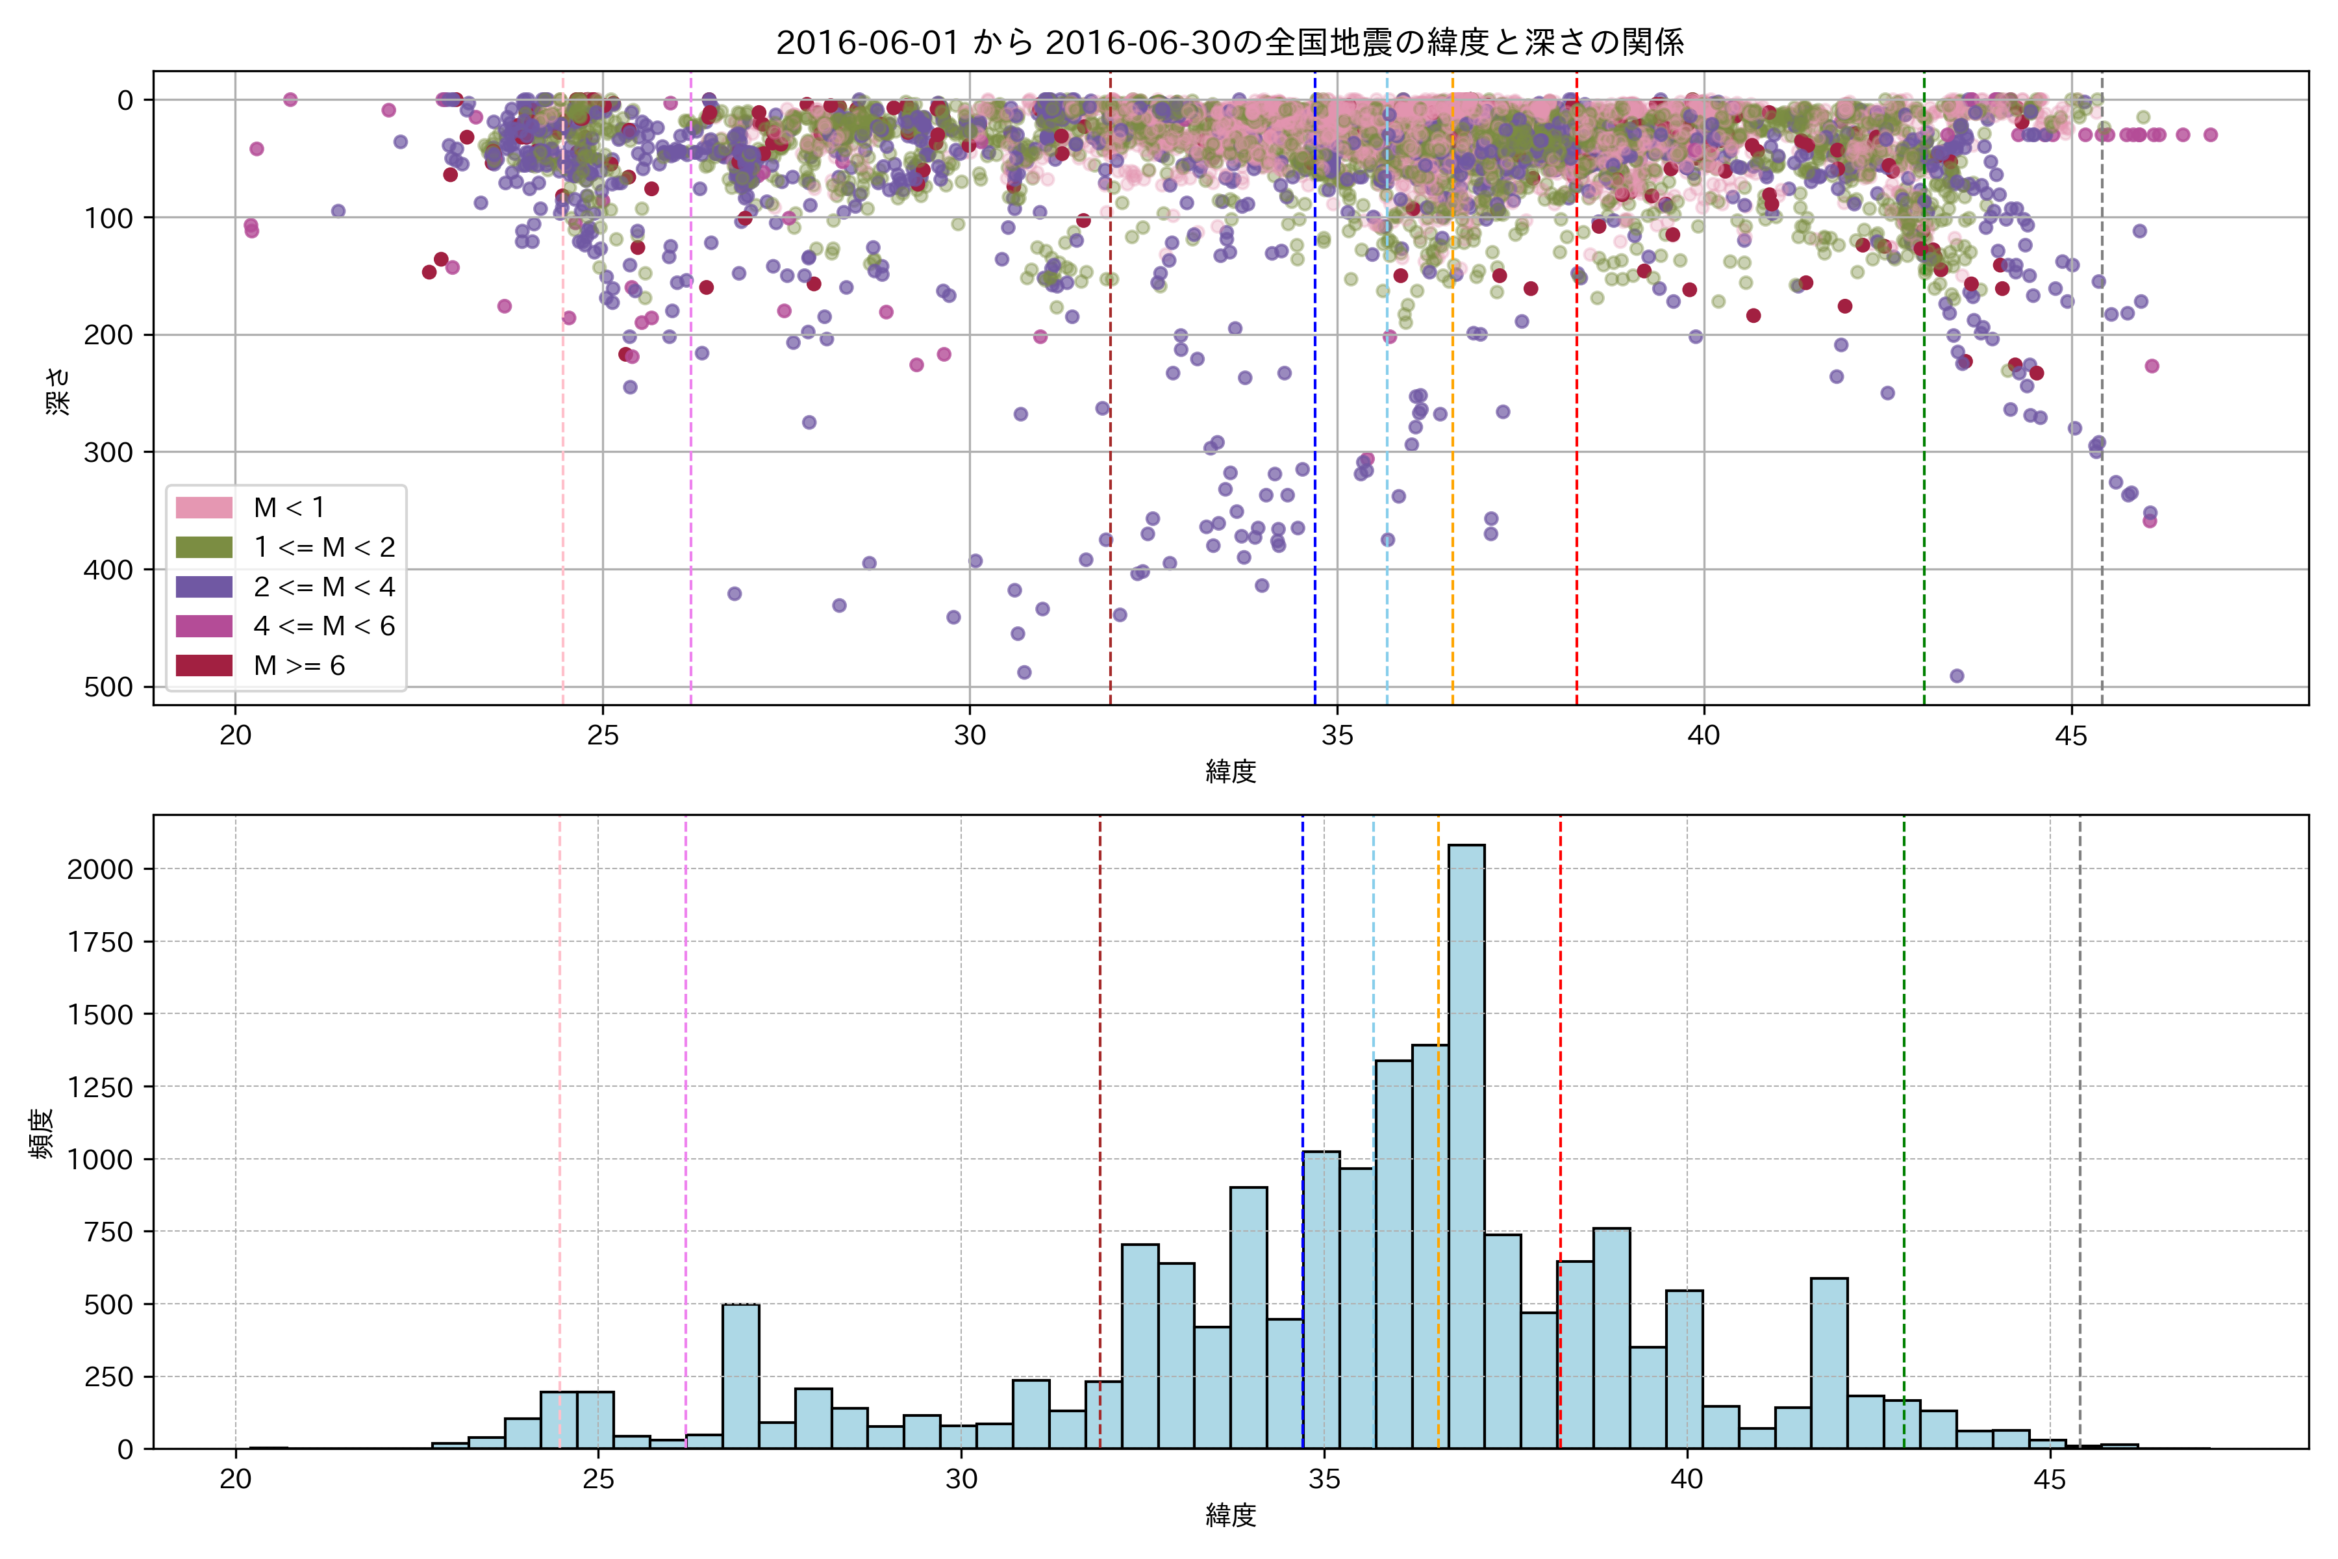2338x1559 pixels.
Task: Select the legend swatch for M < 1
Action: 204,508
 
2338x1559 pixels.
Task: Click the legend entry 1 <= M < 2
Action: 323,547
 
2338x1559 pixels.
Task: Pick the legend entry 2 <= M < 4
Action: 323,587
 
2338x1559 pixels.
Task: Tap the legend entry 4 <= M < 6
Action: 323,626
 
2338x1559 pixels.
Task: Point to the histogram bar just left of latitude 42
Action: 1829,1363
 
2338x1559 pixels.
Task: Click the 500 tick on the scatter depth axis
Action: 109,687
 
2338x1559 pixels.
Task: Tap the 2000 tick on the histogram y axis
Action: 99,869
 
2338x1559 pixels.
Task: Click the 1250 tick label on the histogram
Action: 99,1087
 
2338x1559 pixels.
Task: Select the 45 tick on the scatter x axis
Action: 2072,736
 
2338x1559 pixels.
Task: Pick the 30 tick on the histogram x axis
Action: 961,1480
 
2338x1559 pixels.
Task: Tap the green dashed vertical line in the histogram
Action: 1904,1094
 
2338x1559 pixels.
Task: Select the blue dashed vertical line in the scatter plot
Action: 1315,398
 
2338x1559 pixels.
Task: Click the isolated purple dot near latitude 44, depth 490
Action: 1956,676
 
